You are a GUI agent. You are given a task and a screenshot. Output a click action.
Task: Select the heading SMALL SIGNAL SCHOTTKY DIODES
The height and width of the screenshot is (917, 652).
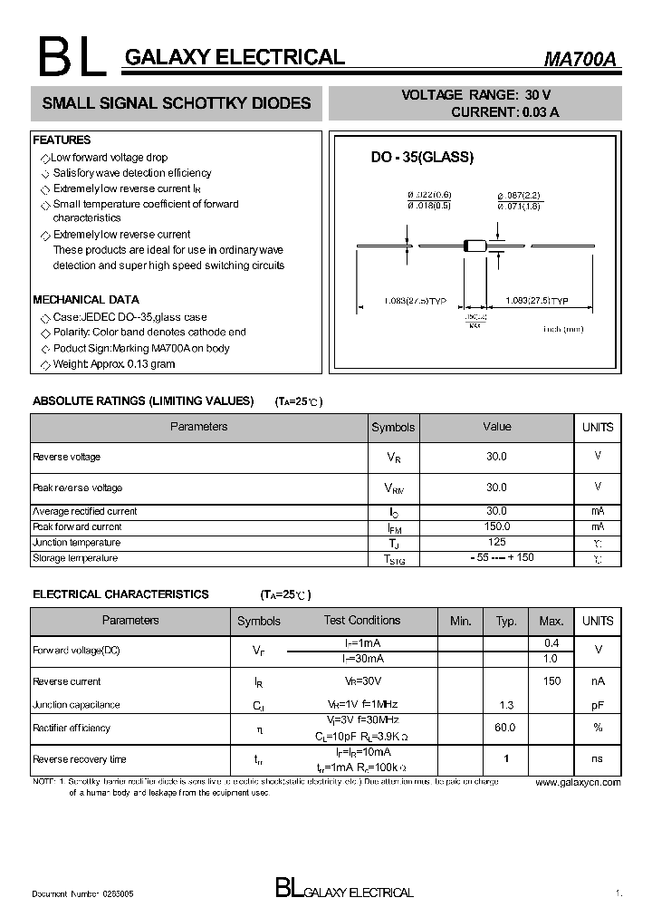[x=177, y=103]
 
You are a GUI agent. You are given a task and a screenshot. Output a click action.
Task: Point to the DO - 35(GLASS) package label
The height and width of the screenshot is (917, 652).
[x=422, y=157]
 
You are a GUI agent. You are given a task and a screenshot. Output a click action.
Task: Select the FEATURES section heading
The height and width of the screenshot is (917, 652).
[x=62, y=140]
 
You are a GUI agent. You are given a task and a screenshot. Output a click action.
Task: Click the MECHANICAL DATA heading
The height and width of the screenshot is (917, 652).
[x=86, y=299]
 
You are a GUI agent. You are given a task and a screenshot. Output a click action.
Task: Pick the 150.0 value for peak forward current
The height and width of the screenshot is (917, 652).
[x=496, y=526]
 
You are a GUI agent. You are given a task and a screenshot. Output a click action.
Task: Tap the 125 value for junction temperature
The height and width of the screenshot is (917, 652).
[x=496, y=542]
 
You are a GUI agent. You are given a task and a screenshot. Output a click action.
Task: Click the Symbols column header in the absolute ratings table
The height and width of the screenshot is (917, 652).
[x=393, y=428]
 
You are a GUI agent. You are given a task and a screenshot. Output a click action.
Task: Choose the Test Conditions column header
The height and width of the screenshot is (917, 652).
[x=362, y=621]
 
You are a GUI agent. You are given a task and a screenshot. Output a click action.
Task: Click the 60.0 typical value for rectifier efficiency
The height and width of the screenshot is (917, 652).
[x=505, y=728]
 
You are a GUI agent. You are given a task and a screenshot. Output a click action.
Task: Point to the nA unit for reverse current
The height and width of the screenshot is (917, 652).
[x=598, y=681]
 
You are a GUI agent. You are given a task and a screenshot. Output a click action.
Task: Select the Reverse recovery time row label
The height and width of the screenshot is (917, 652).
[x=80, y=759]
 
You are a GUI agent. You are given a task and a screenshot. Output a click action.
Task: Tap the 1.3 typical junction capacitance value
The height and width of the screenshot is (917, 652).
[x=506, y=704]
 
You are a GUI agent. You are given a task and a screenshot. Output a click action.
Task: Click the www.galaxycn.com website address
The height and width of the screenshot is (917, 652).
[x=578, y=782]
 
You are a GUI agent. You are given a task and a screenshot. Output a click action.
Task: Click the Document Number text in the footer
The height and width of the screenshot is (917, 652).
[x=82, y=893]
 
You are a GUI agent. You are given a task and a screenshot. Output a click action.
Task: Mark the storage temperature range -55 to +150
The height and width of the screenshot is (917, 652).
[x=496, y=557]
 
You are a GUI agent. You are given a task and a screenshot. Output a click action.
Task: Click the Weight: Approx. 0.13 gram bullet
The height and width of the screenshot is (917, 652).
[x=113, y=364]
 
